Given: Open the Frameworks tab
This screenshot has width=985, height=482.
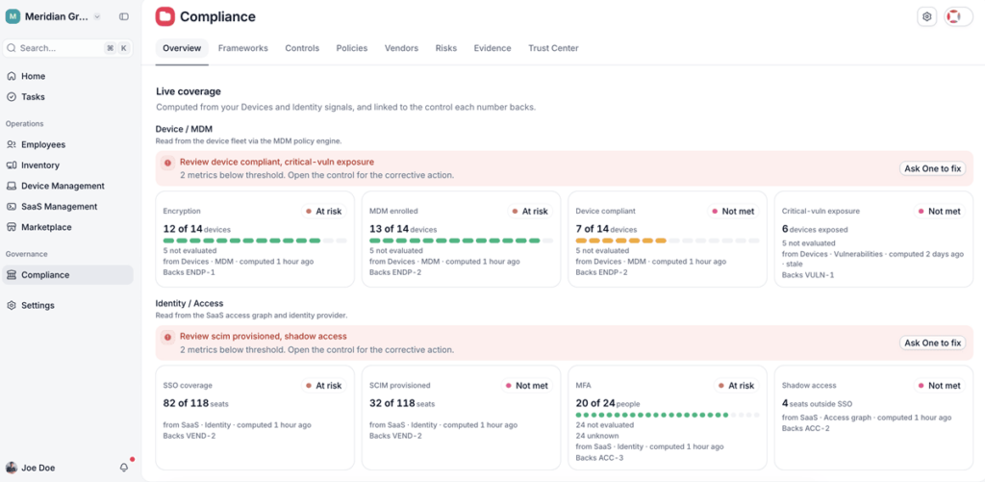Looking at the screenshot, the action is point(243,48).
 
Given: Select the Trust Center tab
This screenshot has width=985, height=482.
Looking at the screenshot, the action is point(553,48).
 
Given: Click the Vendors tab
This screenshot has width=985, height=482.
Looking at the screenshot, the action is point(401,48).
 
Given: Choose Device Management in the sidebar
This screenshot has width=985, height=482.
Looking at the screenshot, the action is point(63,186).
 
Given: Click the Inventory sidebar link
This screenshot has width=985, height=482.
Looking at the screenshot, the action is point(40,165).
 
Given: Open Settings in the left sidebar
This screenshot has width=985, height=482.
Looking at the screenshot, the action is point(38,305).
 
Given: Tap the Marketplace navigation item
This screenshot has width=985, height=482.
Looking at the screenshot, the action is point(46,227).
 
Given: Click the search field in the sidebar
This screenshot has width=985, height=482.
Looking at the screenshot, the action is point(68,48).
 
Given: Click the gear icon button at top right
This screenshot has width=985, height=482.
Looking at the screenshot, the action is point(926,17).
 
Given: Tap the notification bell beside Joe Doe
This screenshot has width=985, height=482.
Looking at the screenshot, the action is point(124,468).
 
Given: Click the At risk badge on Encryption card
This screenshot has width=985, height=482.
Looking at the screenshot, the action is point(323,211).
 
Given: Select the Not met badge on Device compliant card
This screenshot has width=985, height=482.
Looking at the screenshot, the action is point(732,211).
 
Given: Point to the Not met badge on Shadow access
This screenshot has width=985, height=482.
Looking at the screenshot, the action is point(939,386).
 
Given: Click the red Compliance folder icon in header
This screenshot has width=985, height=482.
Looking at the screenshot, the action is point(165,17).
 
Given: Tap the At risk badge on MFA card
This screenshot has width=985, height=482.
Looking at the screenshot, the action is point(736,386).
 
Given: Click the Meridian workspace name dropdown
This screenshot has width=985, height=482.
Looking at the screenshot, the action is point(54,17).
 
